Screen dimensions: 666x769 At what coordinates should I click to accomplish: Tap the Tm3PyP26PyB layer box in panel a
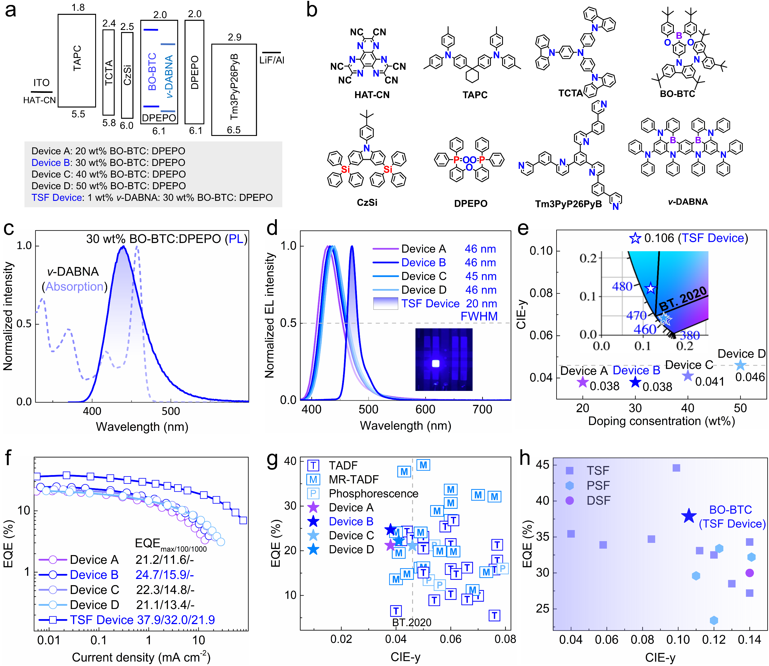pos(234,89)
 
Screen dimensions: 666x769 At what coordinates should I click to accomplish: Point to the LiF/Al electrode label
pos(272,60)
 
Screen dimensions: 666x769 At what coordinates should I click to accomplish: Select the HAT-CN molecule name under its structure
pos(372,95)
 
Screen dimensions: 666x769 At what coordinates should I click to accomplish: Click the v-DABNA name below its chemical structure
pos(688,202)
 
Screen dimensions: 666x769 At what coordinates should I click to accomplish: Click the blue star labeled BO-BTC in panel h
pos(689,516)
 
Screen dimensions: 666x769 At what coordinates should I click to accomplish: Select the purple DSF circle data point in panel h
pos(749,573)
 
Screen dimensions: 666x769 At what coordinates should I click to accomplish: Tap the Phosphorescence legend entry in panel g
pos(373,494)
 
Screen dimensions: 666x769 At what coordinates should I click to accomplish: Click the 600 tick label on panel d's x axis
pos(425,410)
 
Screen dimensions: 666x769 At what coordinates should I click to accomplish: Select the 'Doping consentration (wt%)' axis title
pos(661,421)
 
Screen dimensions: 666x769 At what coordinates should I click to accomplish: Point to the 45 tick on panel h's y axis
pos(542,465)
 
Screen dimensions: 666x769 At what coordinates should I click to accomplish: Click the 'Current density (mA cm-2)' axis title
pos(141,657)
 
